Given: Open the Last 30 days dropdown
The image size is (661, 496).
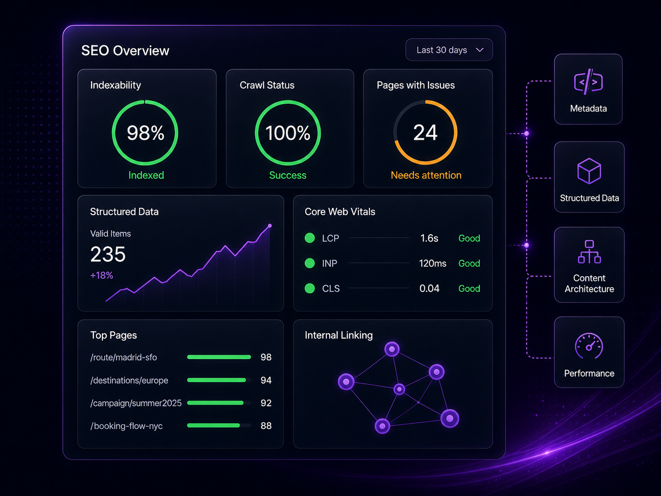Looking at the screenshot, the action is [x=449, y=50].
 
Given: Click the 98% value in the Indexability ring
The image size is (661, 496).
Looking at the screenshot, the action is [x=146, y=133].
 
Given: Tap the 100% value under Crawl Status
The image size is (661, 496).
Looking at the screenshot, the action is [x=288, y=133].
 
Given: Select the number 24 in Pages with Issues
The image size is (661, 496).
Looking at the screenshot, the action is [x=425, y=132].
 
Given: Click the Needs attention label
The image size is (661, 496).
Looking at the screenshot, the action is [x=426, y=175].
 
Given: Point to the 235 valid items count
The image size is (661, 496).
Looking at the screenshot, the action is [x=108, y=254].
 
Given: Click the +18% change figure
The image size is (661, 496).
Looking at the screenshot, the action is [x=102, y=275].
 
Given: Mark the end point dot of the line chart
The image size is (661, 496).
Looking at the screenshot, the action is [x=270, y=226].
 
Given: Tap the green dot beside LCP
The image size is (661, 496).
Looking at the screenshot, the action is [x=310, y=238].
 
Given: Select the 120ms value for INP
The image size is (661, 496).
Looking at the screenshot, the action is [x=432, y=263].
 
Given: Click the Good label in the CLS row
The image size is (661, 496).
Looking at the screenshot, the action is [x=469, y=288].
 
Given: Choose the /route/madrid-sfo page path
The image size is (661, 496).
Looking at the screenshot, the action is [x=123, y=357].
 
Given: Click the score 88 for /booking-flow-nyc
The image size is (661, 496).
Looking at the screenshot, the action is [x=266, y=426].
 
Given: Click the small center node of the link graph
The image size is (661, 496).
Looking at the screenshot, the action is [x=399, y=389].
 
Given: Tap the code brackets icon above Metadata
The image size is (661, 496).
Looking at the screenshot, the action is [x=588, y=82].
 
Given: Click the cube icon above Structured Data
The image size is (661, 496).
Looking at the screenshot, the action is [x=589, y=171].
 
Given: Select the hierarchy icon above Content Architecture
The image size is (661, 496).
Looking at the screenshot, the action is [x=589, y=252].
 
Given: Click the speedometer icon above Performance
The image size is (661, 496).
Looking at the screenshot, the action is [x=589, y=346].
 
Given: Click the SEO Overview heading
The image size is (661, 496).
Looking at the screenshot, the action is [x=125, y=51].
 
